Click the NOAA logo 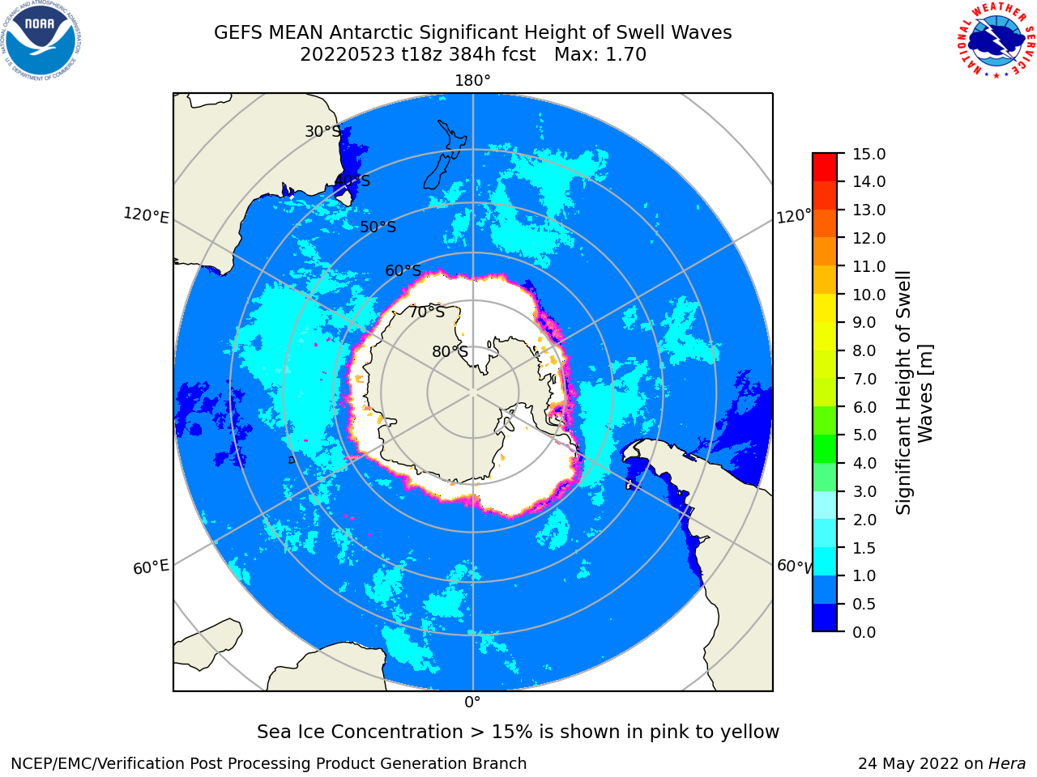[x=41, y=40]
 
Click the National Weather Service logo [x=996, y=40]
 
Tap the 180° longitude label [x=472, y=81]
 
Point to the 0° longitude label [x=472, y=703]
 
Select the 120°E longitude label [x=146, y=215]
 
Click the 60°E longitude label [x=151, y=567]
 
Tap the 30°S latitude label [x=322, y=131]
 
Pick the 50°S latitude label [x=378, y=227]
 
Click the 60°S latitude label [x=403, y=270]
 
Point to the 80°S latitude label [x=450, y=351]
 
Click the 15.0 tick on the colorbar [x=868, y=154]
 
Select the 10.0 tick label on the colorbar [x=868, y=295]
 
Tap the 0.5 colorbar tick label [x=864, y=604]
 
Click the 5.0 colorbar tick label [x=864, y=435]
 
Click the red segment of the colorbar [x=825, y=168]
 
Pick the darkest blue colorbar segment [x=825, y=618]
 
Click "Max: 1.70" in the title [x=600, y=54]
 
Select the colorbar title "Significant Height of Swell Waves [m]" [x=914, y=393]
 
